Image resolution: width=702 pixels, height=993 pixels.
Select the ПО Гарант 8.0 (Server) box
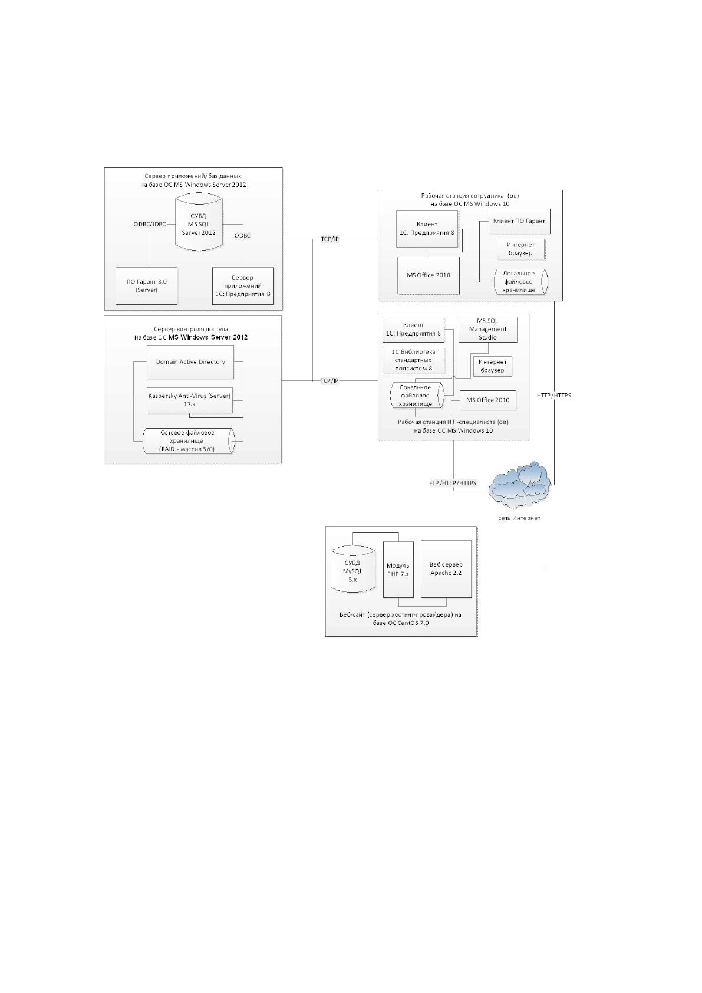tap(146, 285)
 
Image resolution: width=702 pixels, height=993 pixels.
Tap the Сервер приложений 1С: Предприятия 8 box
tap(243, 285)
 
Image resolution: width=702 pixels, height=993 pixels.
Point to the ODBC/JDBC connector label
tap(150, 224)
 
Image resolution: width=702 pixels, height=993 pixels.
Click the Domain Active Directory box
tap(190, 362)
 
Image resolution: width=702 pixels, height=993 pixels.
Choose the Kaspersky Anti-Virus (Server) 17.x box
tap(190, 400)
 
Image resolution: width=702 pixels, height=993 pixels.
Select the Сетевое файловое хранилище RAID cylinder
tap(189, 441)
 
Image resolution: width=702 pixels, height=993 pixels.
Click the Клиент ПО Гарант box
tap(519, 221)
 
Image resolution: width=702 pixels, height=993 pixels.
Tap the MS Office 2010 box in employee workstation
tap(429, 275)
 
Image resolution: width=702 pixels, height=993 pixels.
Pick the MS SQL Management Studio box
tap(487, 330)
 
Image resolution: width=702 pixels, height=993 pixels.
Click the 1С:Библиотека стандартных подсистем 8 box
tap(414, 360)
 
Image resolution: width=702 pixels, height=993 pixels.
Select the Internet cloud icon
tap(519, 486)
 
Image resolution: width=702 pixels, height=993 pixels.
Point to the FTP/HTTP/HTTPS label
tap(453, 483)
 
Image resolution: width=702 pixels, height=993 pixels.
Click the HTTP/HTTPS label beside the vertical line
tap(554, 395)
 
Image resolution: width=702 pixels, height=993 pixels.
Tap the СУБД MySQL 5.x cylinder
tap(353, 571)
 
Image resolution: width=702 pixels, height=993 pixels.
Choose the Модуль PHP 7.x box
tap(398, 570)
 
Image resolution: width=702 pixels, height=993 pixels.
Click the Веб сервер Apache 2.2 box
tap(446, 569)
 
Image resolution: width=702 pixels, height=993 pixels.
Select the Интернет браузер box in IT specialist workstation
tap(492, 366)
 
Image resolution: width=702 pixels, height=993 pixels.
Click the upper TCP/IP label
tap(329, 239)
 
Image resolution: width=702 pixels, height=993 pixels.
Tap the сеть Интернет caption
tap(519, 518)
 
